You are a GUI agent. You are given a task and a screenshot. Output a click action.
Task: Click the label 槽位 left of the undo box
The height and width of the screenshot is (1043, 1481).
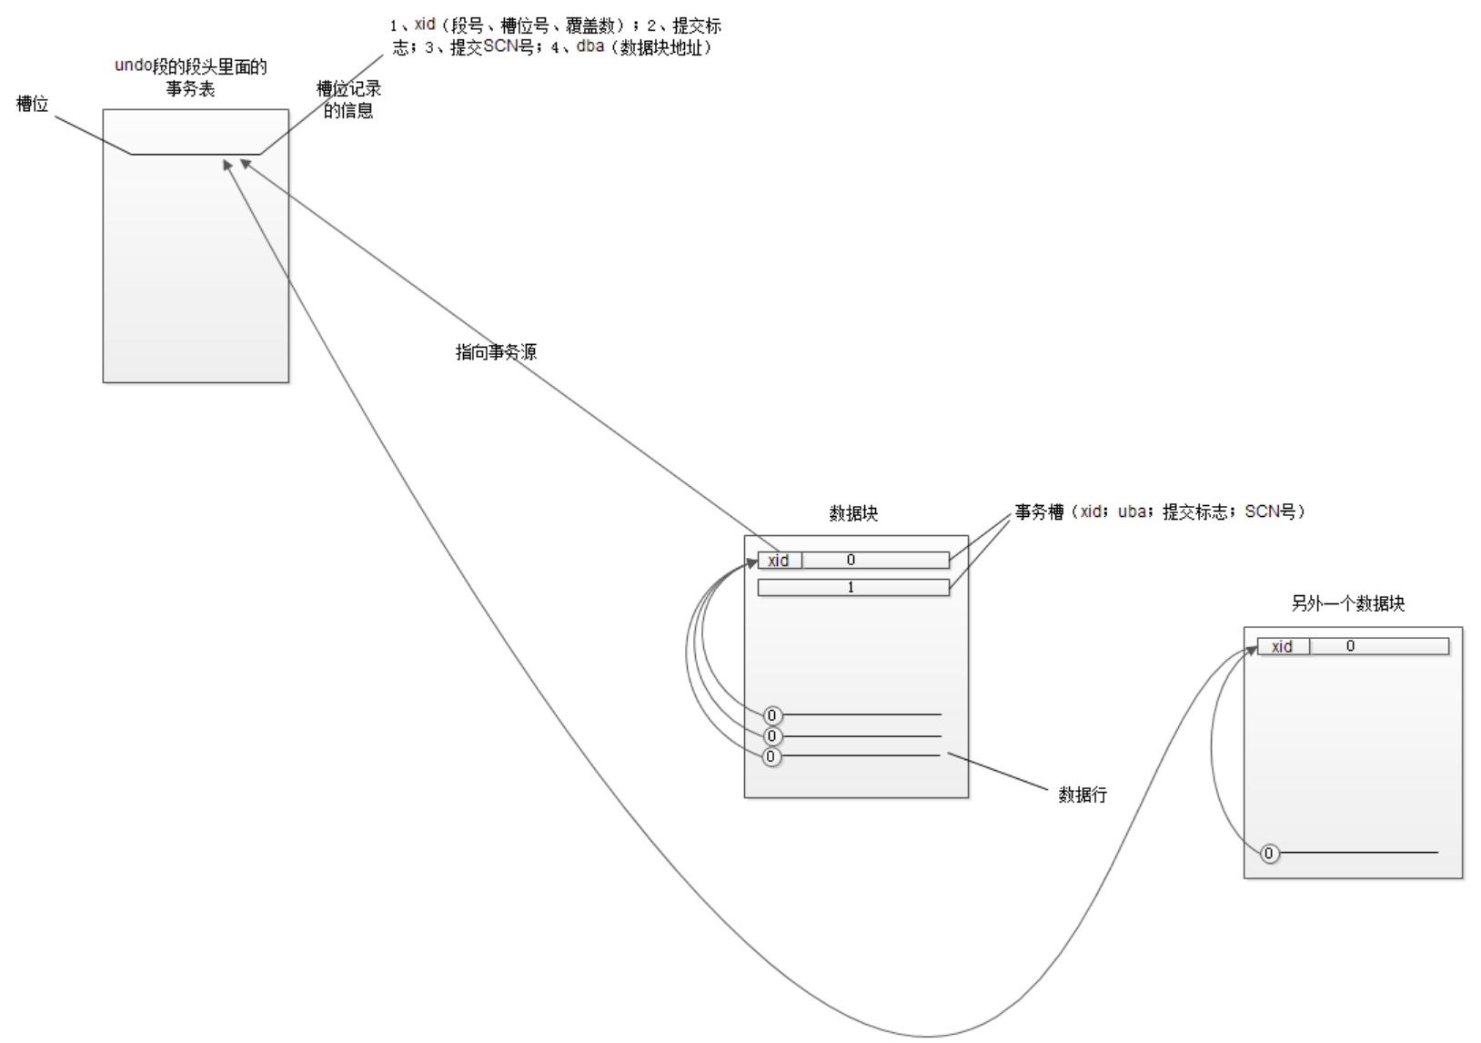click(33, 104)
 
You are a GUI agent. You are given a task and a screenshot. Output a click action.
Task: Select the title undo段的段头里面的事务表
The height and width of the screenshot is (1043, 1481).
click(191, 77)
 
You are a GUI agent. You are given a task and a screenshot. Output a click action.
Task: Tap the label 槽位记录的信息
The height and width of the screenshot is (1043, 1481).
click(348, 99)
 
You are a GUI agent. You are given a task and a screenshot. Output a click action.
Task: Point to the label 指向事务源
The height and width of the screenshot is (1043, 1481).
click(496, 351)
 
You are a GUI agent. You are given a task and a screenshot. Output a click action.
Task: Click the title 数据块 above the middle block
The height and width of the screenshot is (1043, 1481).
click(853, 513)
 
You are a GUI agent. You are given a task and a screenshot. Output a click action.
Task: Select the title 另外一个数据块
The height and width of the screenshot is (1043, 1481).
click(1348, 603)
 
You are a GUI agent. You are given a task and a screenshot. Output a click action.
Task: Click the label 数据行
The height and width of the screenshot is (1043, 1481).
click(1083, 795)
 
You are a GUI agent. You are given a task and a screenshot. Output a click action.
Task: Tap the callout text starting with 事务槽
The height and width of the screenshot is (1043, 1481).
click(1160, 512)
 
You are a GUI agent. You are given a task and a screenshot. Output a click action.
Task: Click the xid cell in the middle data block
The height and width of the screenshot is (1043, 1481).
click(779, 561)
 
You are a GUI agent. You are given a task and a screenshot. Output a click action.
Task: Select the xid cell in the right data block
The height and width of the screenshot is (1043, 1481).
click(1283, 646)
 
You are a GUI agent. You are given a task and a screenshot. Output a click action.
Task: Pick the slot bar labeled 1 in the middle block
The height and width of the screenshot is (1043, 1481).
click(853, 588)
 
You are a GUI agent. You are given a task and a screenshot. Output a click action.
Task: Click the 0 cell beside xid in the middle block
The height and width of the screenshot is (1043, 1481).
click(875, 561)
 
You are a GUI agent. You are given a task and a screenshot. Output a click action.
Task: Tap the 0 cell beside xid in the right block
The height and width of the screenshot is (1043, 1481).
click(1378, 646)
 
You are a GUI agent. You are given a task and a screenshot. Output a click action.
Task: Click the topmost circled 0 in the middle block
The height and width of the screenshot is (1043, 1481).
click(772, 715)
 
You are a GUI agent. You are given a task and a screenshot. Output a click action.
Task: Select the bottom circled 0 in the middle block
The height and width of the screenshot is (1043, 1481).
click(771, 756)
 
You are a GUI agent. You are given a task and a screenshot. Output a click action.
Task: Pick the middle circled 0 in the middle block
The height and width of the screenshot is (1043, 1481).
click(772, 735)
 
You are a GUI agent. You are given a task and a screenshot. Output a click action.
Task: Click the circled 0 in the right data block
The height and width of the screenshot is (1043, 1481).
click(1269, 854)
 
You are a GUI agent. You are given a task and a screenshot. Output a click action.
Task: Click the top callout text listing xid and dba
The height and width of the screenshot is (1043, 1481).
click(555, 36)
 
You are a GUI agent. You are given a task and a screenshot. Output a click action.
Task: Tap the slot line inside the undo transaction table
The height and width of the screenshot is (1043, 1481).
click(196, 154)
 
